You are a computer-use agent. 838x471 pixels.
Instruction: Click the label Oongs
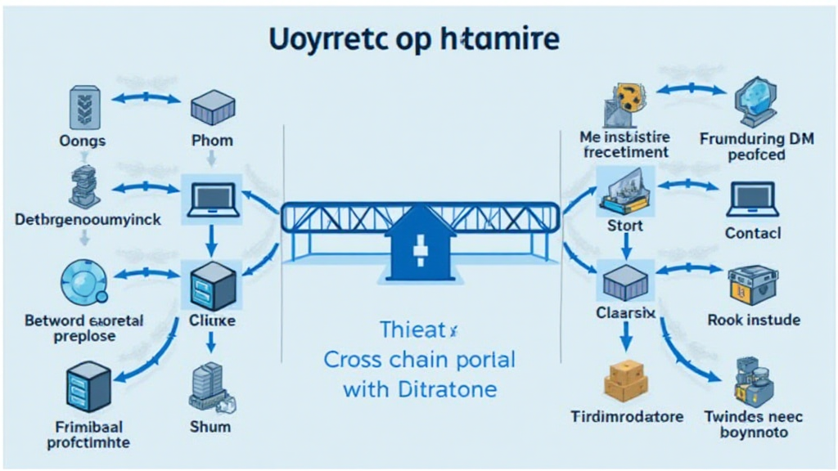click(x=83, y=141)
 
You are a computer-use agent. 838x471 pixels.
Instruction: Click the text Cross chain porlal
click(x=420, y=360)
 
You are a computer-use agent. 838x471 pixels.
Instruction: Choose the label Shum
click(x=211, y=426)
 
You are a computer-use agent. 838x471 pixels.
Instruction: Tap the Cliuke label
click(x=212, y=321)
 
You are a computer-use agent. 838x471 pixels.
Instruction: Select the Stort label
click(x=624, y=226)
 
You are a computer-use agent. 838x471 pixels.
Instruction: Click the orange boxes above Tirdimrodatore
click(x=626, y=378)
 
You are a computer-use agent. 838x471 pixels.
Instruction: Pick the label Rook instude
click(x=753, y=321)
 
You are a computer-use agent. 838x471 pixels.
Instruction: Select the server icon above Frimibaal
click(x=86, y=388)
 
